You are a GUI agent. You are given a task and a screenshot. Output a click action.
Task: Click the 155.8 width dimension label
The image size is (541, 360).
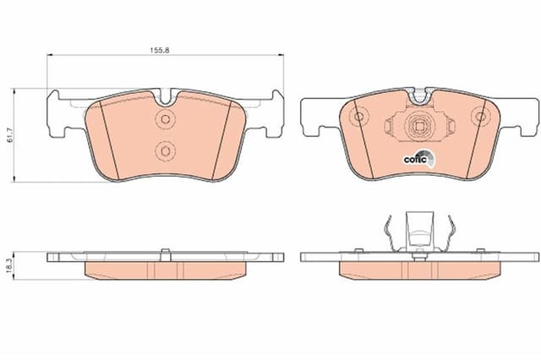[x=160, y=50]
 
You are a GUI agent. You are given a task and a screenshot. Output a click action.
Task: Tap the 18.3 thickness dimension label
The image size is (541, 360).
[x=9, y=265]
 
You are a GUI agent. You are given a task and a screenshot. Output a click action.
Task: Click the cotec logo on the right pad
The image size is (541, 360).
[x=419, y=159]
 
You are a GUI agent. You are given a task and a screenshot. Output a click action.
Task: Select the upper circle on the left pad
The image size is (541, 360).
[x=166, y=119]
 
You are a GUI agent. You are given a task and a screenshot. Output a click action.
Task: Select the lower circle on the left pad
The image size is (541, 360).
[x=166, y=151]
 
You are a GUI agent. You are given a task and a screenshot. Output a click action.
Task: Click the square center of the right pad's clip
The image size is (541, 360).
[x=419, y=127]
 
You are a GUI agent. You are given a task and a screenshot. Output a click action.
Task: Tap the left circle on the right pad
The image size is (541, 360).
[x=358, y=117]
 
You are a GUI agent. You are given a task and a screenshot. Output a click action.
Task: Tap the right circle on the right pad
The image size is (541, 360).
[x=480, y=117]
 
